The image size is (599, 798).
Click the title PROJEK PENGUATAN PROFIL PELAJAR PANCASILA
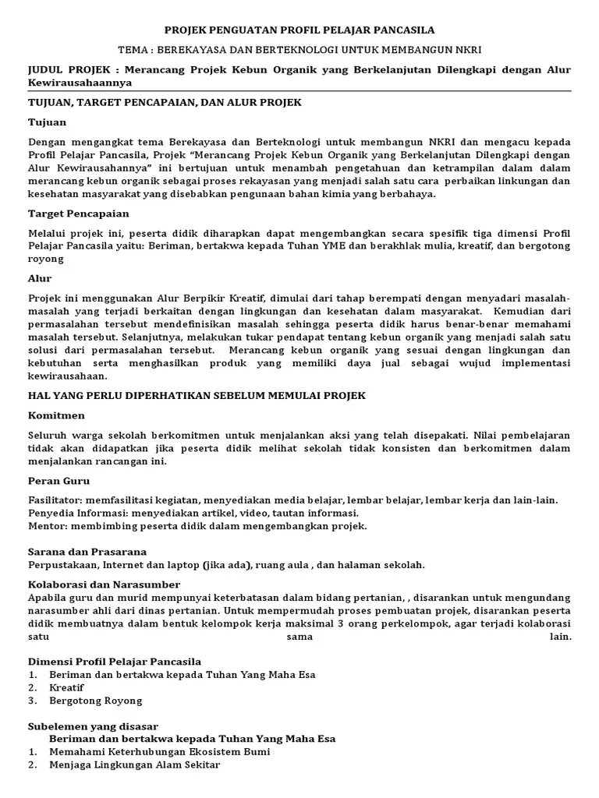click(299, 29)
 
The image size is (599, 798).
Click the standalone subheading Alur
click(40, 278)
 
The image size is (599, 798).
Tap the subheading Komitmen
click(56, 415)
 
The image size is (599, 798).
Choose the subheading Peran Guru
click(58, 481)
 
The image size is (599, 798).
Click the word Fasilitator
click(54, 500)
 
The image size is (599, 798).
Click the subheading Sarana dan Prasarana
click(87, 552)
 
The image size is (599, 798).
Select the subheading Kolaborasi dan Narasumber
click(104, 584)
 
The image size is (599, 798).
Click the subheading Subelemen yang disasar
click(93, 726)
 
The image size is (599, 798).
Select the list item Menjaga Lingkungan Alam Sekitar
click(134, 764)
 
